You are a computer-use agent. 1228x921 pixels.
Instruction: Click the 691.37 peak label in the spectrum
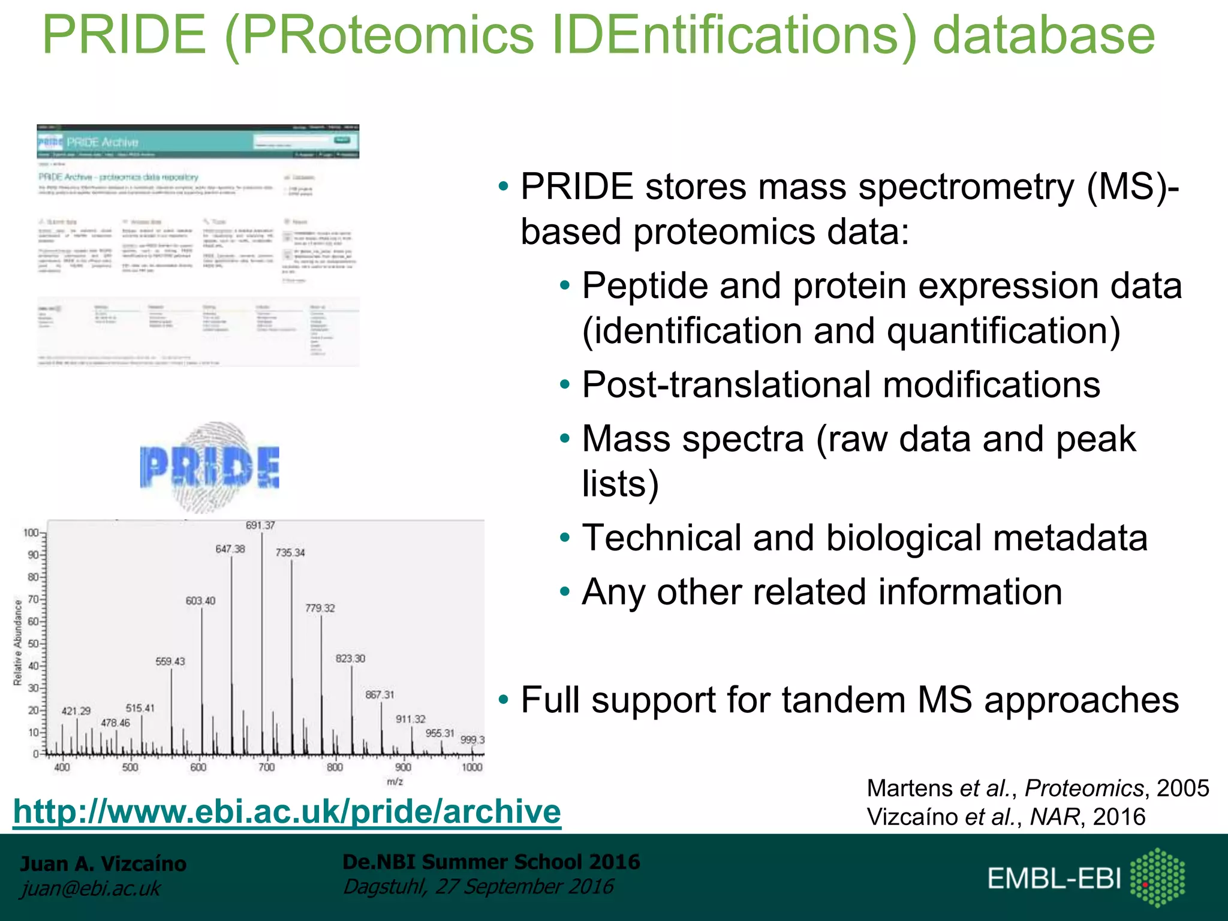tap(260, 525)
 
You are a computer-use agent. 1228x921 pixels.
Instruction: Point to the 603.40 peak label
tap(200, 601)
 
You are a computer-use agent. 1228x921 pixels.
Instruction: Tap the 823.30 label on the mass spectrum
tap(350, 658)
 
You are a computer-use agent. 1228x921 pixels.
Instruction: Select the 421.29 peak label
tap(76, 711)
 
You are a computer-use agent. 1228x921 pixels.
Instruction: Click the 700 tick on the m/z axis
tap(266, 767)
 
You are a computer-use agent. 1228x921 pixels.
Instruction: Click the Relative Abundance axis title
tap(18, 642)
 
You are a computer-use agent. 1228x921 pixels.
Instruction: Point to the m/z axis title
tap(395, 782)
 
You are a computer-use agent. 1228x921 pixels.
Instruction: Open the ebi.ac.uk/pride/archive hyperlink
tap(287, 811)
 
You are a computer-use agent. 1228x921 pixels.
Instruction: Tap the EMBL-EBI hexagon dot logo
tap(1157, 877)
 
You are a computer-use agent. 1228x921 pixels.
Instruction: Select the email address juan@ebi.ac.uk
tap(91, 888)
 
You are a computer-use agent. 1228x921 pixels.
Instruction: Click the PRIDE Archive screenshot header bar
tap(198, 142)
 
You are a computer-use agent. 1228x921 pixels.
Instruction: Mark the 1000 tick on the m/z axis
tap(472, 767)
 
